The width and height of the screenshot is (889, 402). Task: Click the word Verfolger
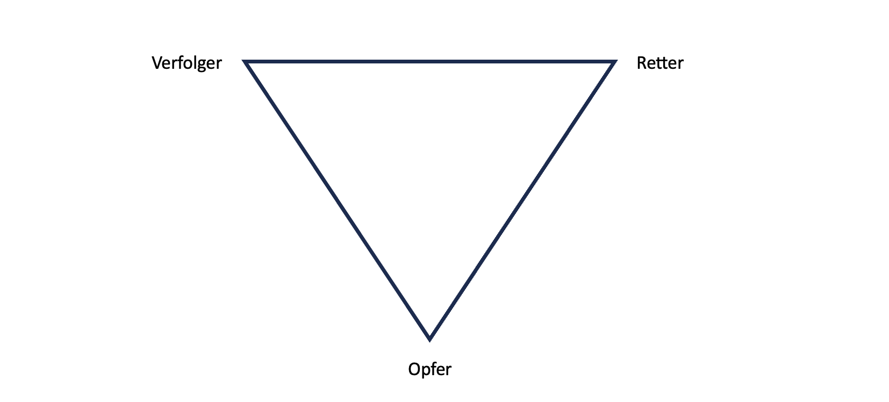[x=187, y=63]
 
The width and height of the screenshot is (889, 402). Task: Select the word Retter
[x=659, y=63]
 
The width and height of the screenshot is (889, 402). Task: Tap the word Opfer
[x=429, y=370]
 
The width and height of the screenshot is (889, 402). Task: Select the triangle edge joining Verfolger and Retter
[x=430, y=62]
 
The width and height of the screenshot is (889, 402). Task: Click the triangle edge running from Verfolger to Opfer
[x=338, y=200]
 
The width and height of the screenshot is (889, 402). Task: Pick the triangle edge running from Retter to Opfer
[x=522, y=200]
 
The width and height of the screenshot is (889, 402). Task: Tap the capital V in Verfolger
[x=157, y=63]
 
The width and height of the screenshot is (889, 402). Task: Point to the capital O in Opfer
[x=414, y=370]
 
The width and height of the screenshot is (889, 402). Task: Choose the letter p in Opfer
[x=426, y=371]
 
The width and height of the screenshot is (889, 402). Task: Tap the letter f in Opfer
[x=433, y=369]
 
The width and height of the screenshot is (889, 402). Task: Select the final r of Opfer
[x=449, y=370]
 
